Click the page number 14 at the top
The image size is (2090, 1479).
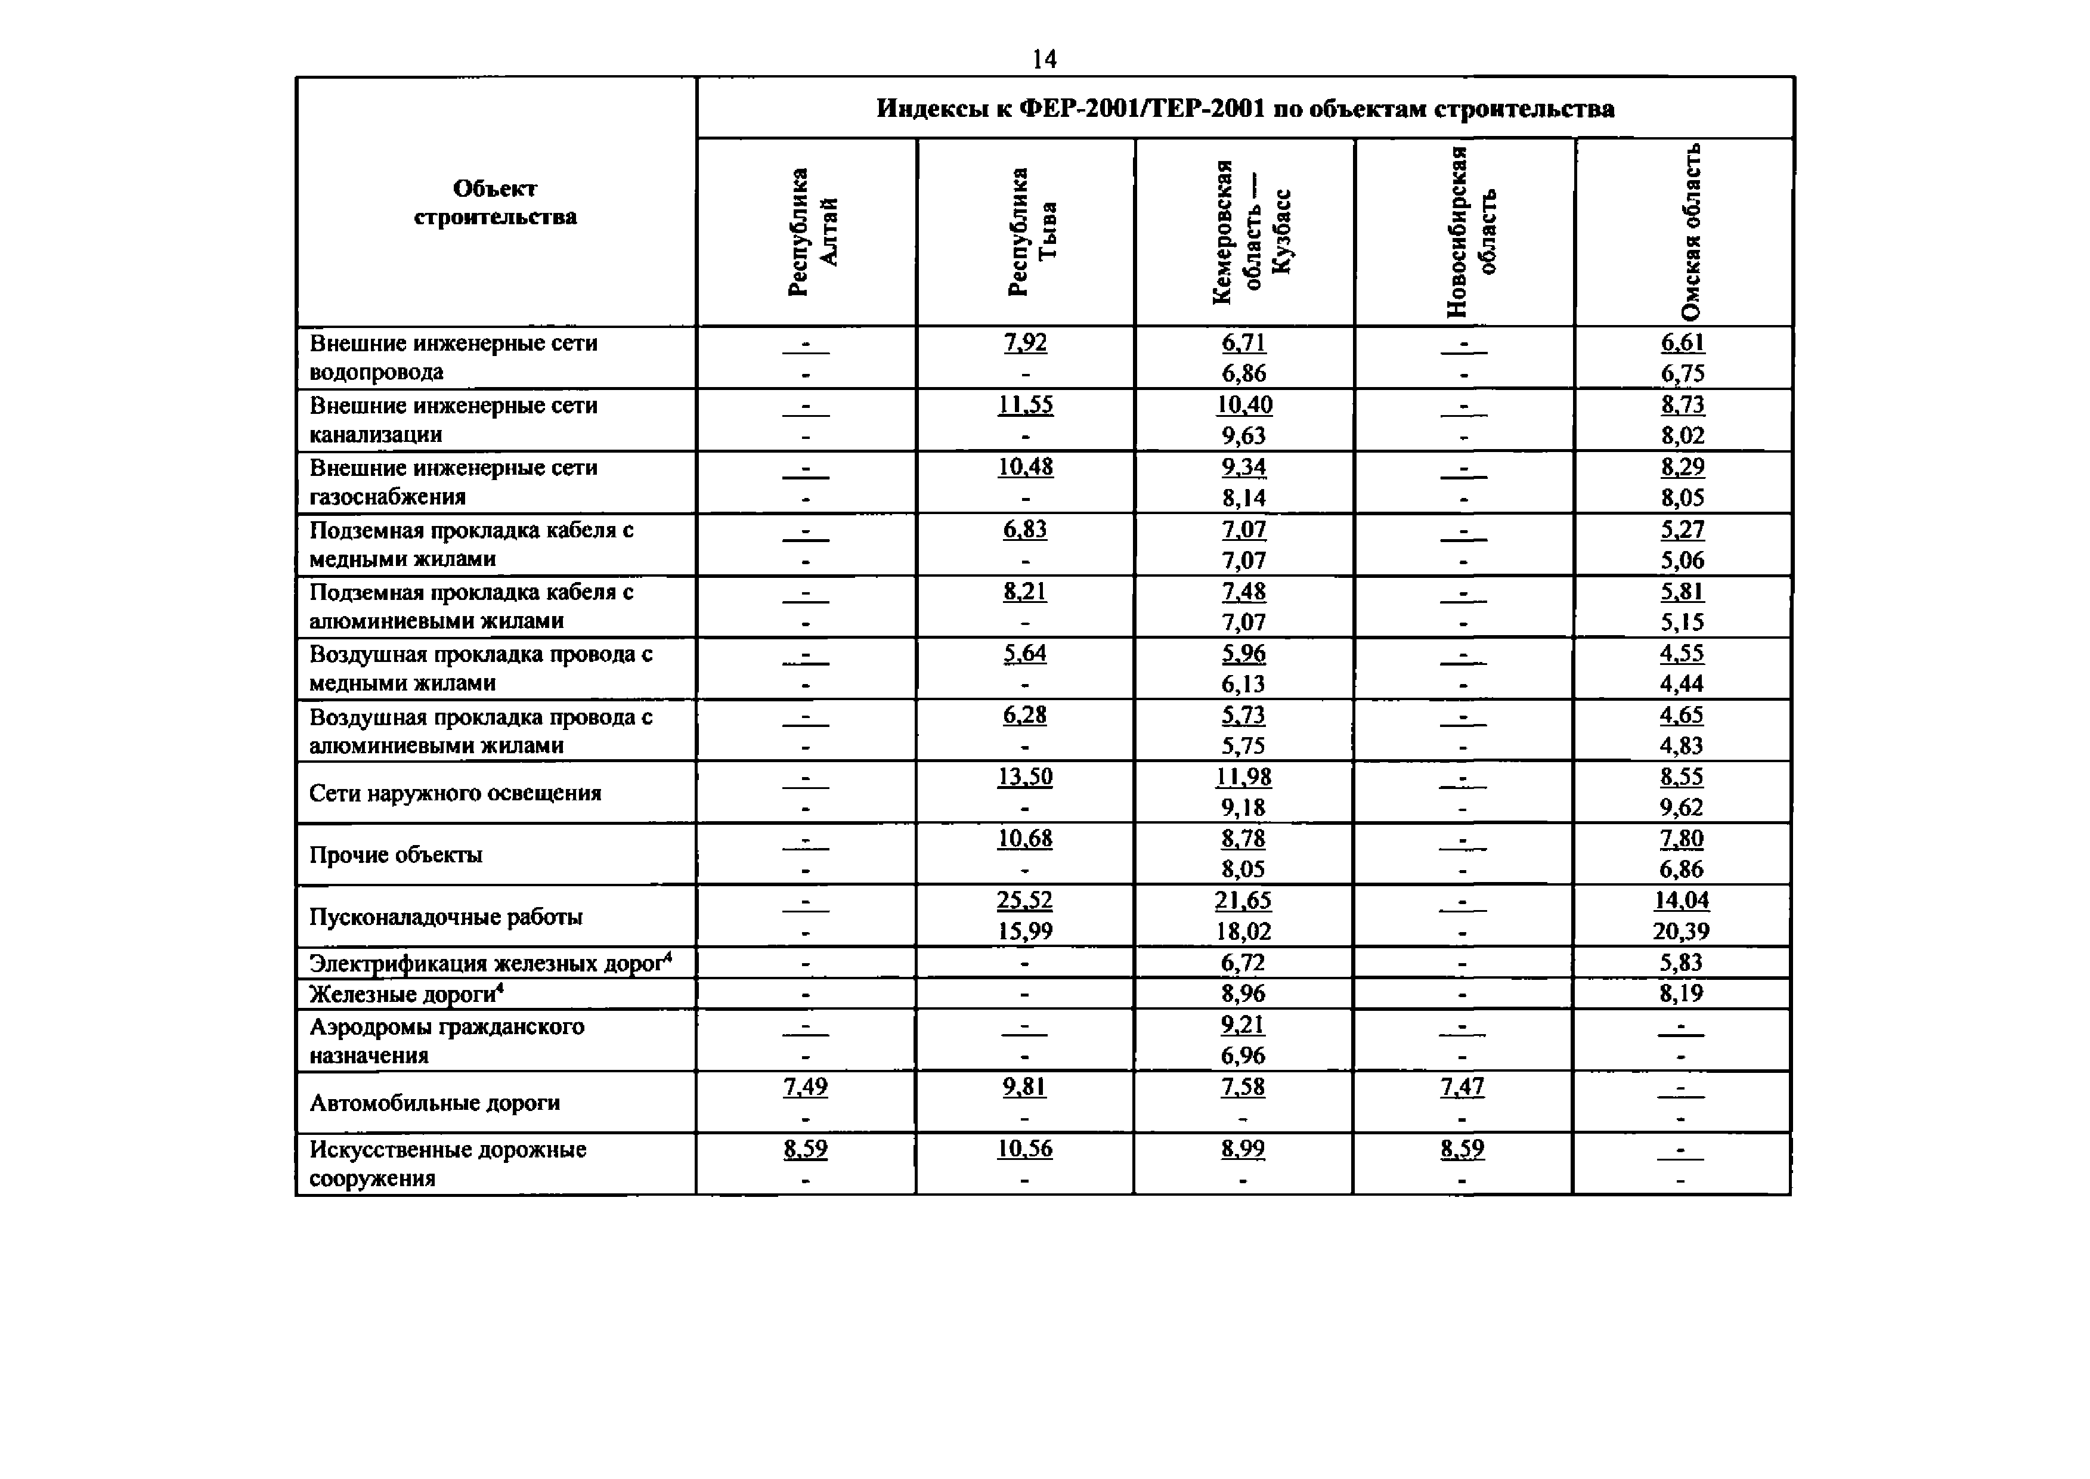pyautogui.click(x=1044, y=59)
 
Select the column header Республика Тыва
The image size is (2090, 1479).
pyautogui.click(x=1031, y=231)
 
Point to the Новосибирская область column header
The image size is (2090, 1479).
pyautogui.click(x=1470, y=231)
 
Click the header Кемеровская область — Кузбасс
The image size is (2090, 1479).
pyautogui.click(x=1251, y=231)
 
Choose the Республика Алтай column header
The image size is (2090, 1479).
pyautogui.click(x=812, y=231)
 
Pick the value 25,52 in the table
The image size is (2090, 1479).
pyautogui.click(x=1024, y=901)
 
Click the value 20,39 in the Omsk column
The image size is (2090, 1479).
pyautogui.click(x=1681, y=932)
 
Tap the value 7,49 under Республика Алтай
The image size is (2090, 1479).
pyautogui.click(x=805, y=1087)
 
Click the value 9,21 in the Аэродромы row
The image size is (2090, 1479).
pyautogui.click(x=1243, y=1025)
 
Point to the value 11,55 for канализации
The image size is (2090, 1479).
pyautogui.click(x=1024, y=404)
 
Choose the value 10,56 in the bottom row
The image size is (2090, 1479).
pyautogui.click(x=1024, y=1149)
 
